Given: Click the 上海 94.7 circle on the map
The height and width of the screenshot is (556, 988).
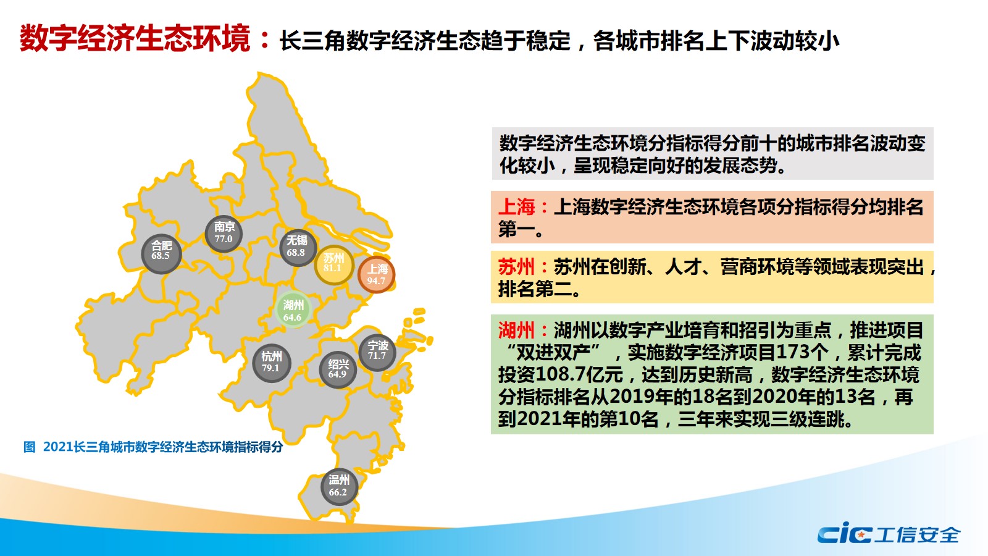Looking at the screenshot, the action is click(376, 274).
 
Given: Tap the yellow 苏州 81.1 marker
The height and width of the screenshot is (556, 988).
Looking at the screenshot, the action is click(334, 264).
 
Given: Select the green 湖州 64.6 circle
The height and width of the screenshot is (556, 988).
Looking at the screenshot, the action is click(293, 310).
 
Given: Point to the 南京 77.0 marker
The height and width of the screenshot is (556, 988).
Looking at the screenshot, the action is click(224, 234).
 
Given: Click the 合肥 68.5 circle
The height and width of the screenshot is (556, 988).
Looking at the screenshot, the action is click(161, 254).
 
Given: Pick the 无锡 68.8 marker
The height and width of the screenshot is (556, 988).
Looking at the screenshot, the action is click(298, 248).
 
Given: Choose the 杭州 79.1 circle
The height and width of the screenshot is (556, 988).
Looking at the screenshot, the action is click(271, 363).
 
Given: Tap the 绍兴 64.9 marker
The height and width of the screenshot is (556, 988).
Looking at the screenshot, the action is click(338, 370).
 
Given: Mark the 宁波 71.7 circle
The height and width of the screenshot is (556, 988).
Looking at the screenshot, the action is click(377, 352).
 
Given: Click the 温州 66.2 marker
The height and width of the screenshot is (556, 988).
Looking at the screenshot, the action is click(339, 487).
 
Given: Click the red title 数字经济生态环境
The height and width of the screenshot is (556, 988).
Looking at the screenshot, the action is click(135, 39).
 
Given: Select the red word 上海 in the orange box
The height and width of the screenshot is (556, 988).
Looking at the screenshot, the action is click(516, 207).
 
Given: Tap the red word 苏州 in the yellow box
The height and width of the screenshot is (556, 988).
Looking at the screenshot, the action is click(516, 267).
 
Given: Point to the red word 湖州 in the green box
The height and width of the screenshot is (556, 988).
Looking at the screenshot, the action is click(516, 330).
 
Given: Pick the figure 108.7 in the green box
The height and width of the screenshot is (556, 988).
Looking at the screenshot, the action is click(561, 374).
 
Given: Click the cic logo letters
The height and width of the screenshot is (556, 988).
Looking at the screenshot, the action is click(845, 534).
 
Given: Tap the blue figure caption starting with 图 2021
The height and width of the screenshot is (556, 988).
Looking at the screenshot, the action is click(153, 447).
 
